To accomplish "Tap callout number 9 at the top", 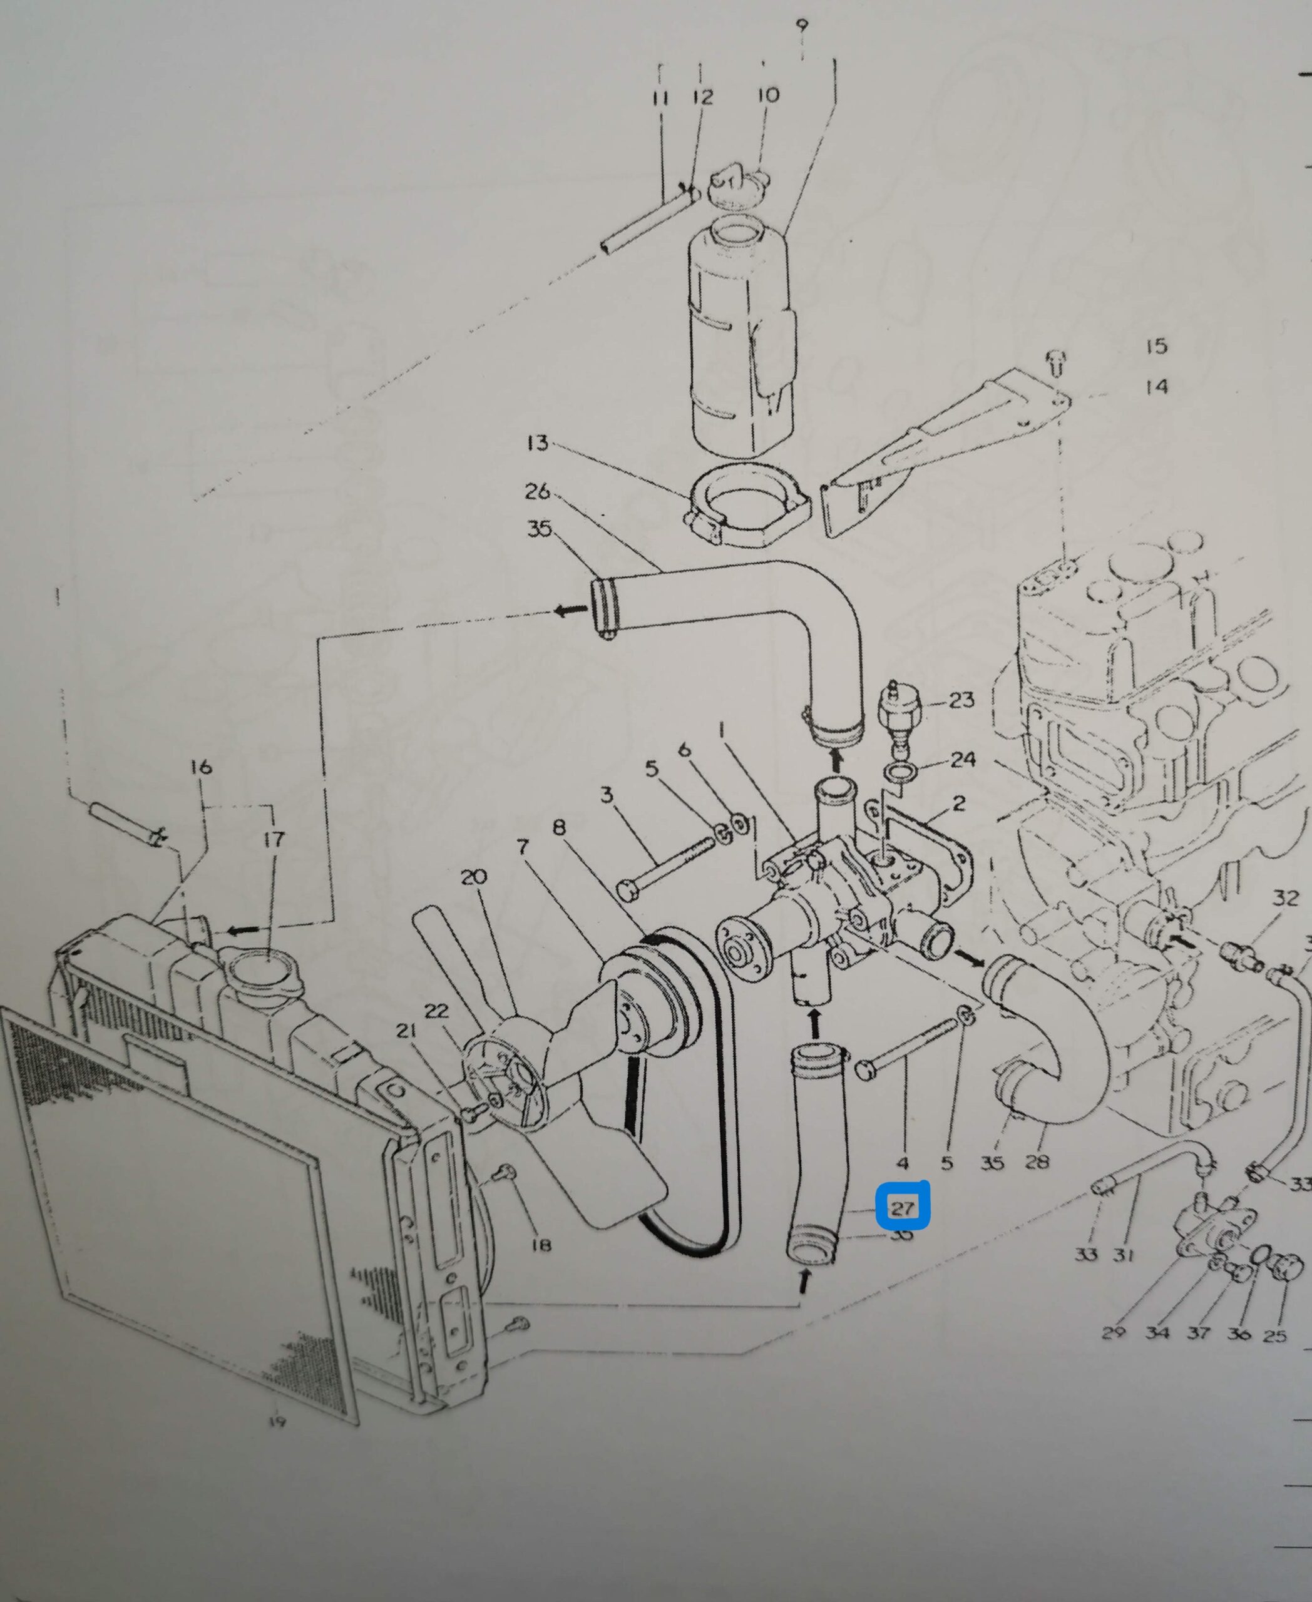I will click(x=802, y=26).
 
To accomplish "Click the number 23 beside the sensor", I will click(x=961, y=700).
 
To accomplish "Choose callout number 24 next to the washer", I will click(x=963, y=760).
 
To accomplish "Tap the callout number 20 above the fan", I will click(x=474, y=877).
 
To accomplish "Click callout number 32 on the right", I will click(x=1285, y=899).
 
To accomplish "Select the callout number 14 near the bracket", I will click(x=1156, y=387).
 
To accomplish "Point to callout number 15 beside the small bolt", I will click(x=1156, y=346).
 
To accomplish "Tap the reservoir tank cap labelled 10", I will click(x=739, y=186).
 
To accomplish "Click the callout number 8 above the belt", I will click(x=558, y=828).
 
